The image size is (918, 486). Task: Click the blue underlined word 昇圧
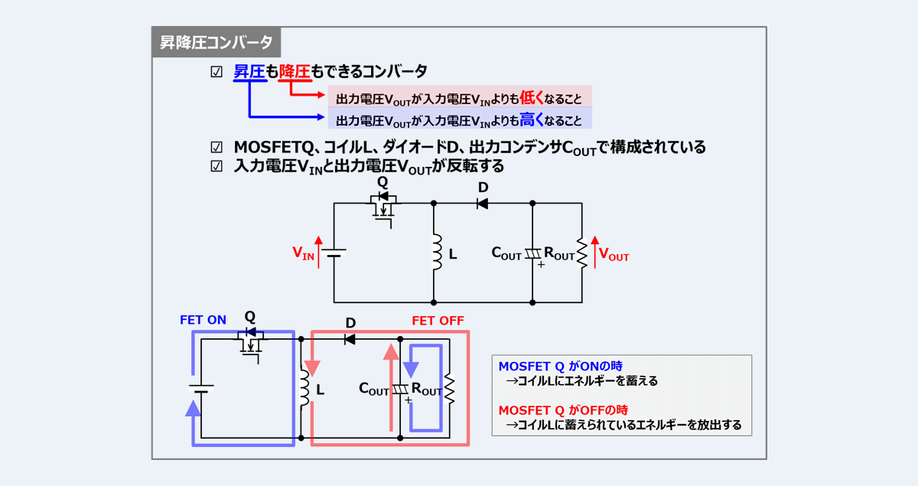point(249,72)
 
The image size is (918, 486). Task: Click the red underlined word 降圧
point(295,72)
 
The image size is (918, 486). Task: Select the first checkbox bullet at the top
point(216,72)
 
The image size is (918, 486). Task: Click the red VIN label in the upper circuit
point(303,253)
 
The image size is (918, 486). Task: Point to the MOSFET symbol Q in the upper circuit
point(384,206)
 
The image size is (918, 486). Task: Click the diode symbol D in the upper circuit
point(483,204)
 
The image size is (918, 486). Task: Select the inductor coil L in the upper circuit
point(437,253)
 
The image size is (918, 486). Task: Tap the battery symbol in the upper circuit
point(334,253)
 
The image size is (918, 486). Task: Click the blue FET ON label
point(203,320)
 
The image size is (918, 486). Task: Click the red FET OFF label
point(438,320)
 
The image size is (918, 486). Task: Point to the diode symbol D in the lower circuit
point(350,339)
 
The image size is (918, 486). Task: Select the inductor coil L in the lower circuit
point(304,389)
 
